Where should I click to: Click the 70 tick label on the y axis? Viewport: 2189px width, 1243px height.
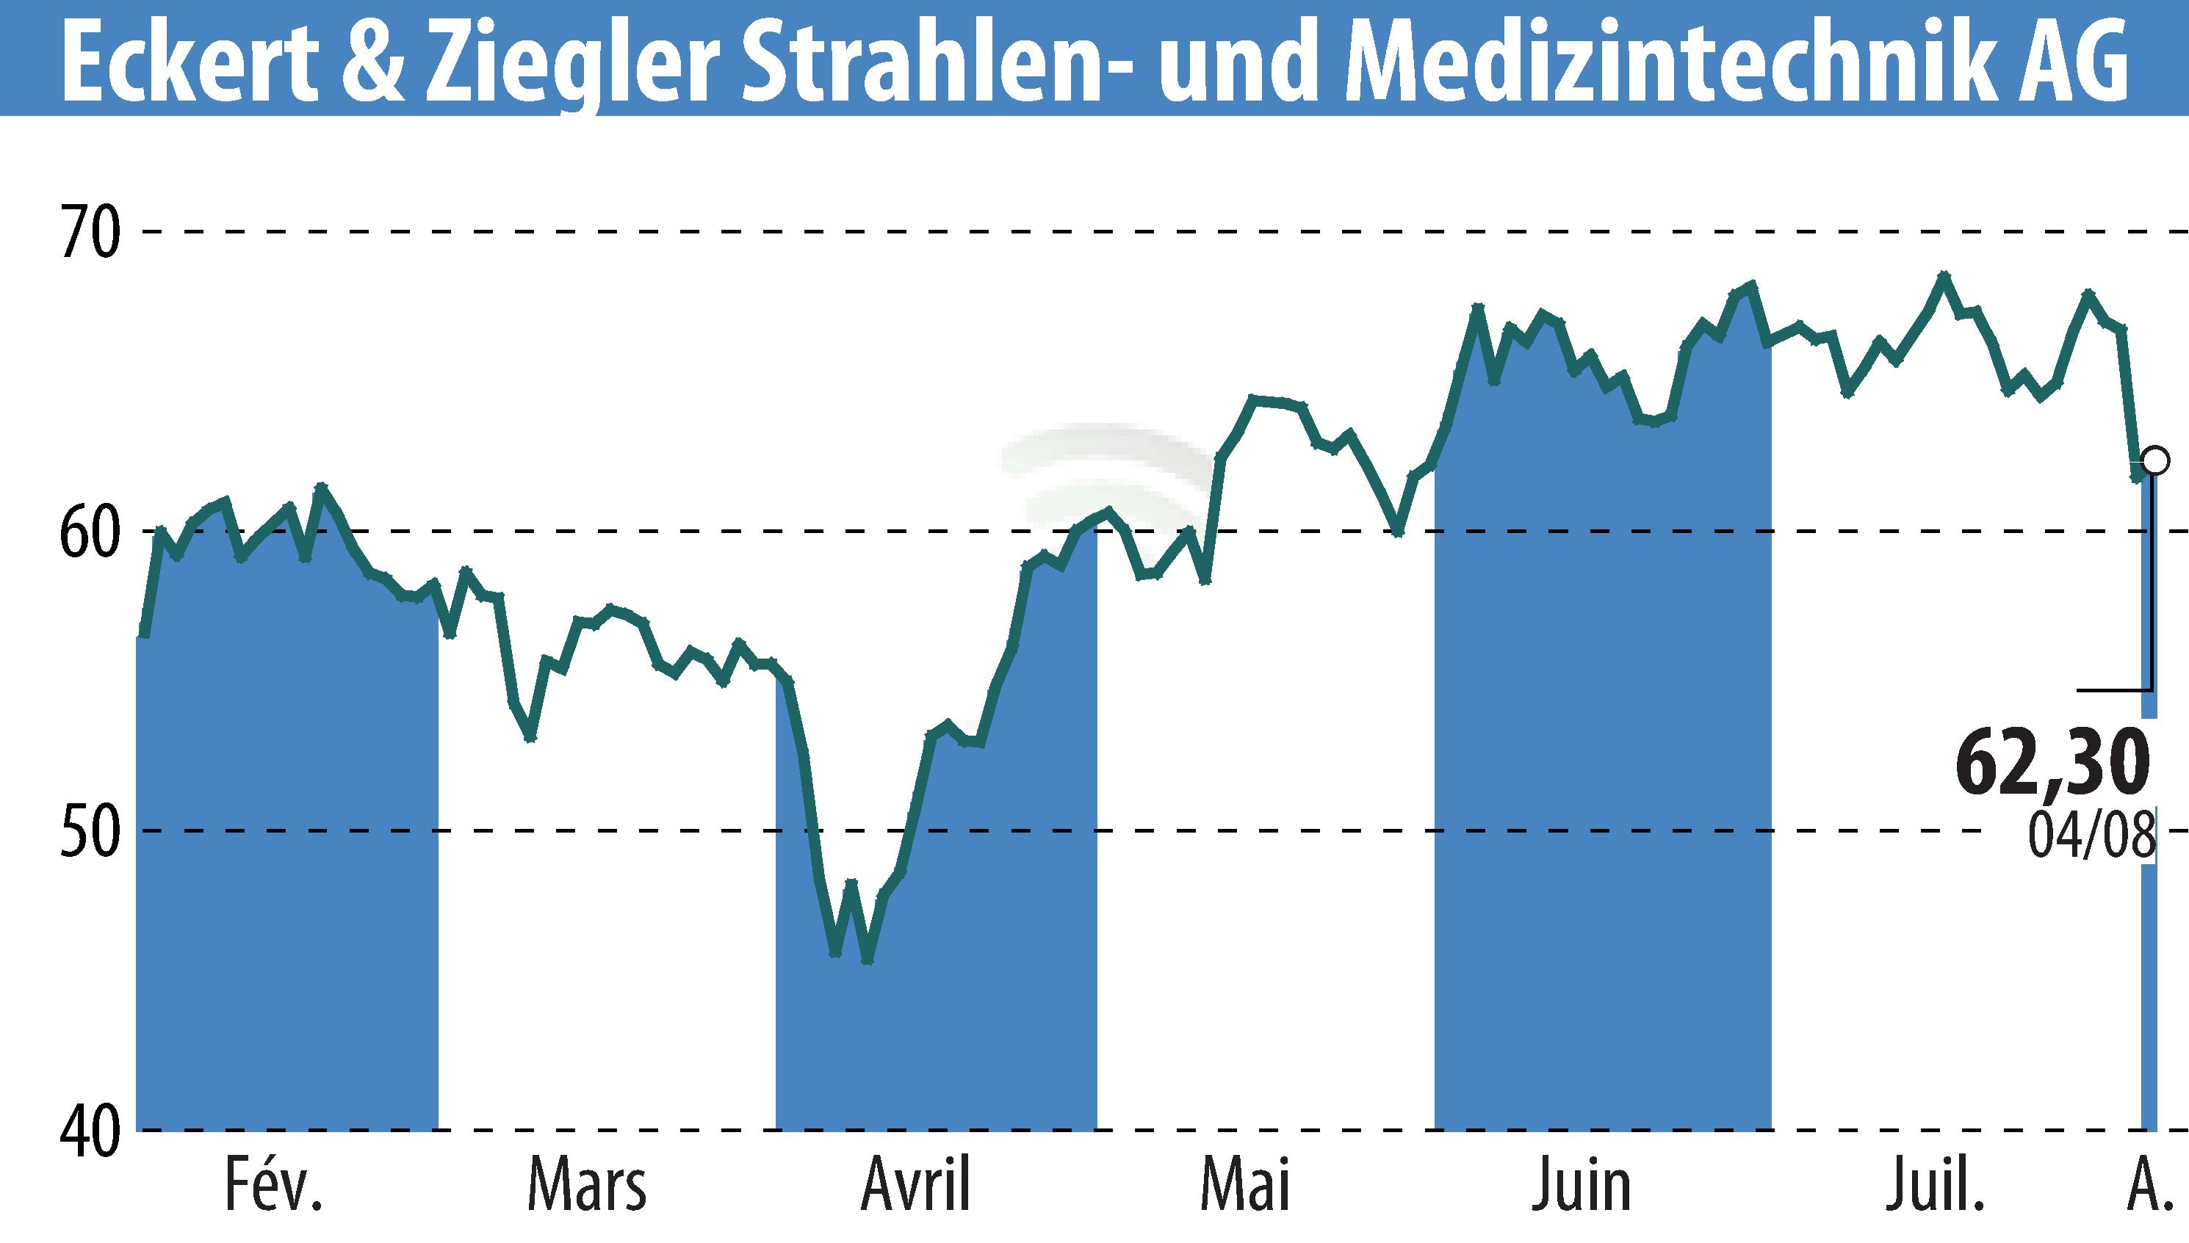click(89, 232)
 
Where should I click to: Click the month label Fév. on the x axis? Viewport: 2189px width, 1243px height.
click(273, 1186)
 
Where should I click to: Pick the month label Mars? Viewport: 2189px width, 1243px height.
click(587, 1186)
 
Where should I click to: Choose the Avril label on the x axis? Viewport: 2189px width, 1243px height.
click(917, 1186)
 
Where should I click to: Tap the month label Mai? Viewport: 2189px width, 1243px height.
click(1245, 1186)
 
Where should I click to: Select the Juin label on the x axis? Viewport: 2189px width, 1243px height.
click(1582, 1186)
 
